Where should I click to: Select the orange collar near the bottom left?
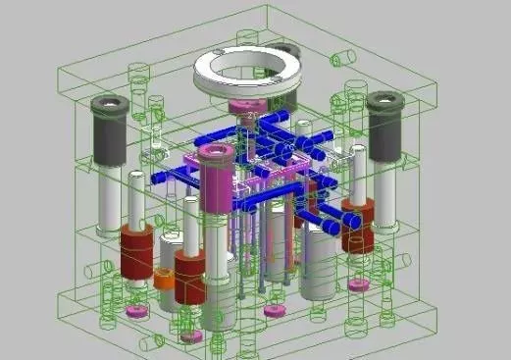coord(164,280)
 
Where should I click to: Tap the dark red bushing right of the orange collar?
coord(192,269)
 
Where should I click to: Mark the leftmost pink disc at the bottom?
coord(135,312)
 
